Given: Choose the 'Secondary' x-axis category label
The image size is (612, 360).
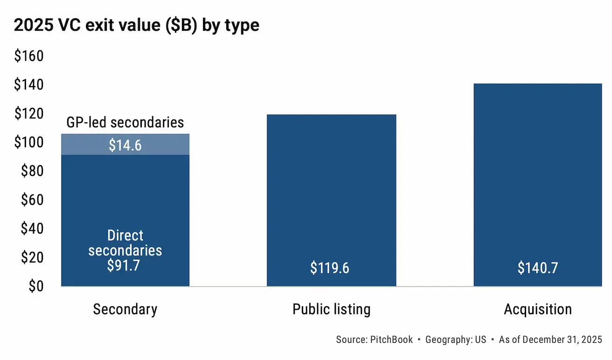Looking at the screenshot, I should pyautogui.click(x=125, y=309).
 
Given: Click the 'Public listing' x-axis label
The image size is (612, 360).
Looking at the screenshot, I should pyautogui.click(x=331, y=309).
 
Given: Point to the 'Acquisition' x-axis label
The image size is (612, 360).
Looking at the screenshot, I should pyautogui.click(x=537, y=309).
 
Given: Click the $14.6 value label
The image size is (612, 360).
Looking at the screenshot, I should pyautogui.click(x=125, y=145).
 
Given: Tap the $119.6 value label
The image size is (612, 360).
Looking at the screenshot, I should pyautogui.click(x=330, y=268).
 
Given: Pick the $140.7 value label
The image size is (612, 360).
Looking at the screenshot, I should pyautogui.click(x=537, y=268).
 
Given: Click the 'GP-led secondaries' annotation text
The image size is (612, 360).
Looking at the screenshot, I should pyautogui.click(x=125, y=123).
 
